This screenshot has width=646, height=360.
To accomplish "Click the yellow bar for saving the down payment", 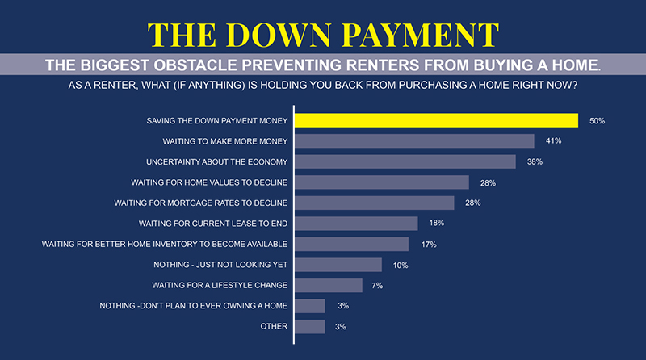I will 436,120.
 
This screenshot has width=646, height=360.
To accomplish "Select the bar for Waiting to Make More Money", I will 414,141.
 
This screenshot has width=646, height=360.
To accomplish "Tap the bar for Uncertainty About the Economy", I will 405,161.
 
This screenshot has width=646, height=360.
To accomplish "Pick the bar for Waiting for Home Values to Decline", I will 381,182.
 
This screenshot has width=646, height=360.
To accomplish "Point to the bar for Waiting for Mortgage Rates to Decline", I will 374,203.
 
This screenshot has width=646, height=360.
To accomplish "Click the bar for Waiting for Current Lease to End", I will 356,224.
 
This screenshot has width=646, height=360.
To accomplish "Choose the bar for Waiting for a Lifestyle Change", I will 329,285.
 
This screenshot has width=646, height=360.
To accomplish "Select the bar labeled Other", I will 310,326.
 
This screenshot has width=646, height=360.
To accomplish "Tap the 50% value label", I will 597,121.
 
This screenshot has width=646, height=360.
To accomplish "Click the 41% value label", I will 554,141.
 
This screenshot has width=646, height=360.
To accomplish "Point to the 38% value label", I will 535,162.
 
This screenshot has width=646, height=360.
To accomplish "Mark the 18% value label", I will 437,224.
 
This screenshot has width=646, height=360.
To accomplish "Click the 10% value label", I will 401,265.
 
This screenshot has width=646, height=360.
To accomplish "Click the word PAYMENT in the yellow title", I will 416,35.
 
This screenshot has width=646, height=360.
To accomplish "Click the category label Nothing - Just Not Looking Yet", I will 220,265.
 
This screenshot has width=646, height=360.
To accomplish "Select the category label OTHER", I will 275,326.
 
